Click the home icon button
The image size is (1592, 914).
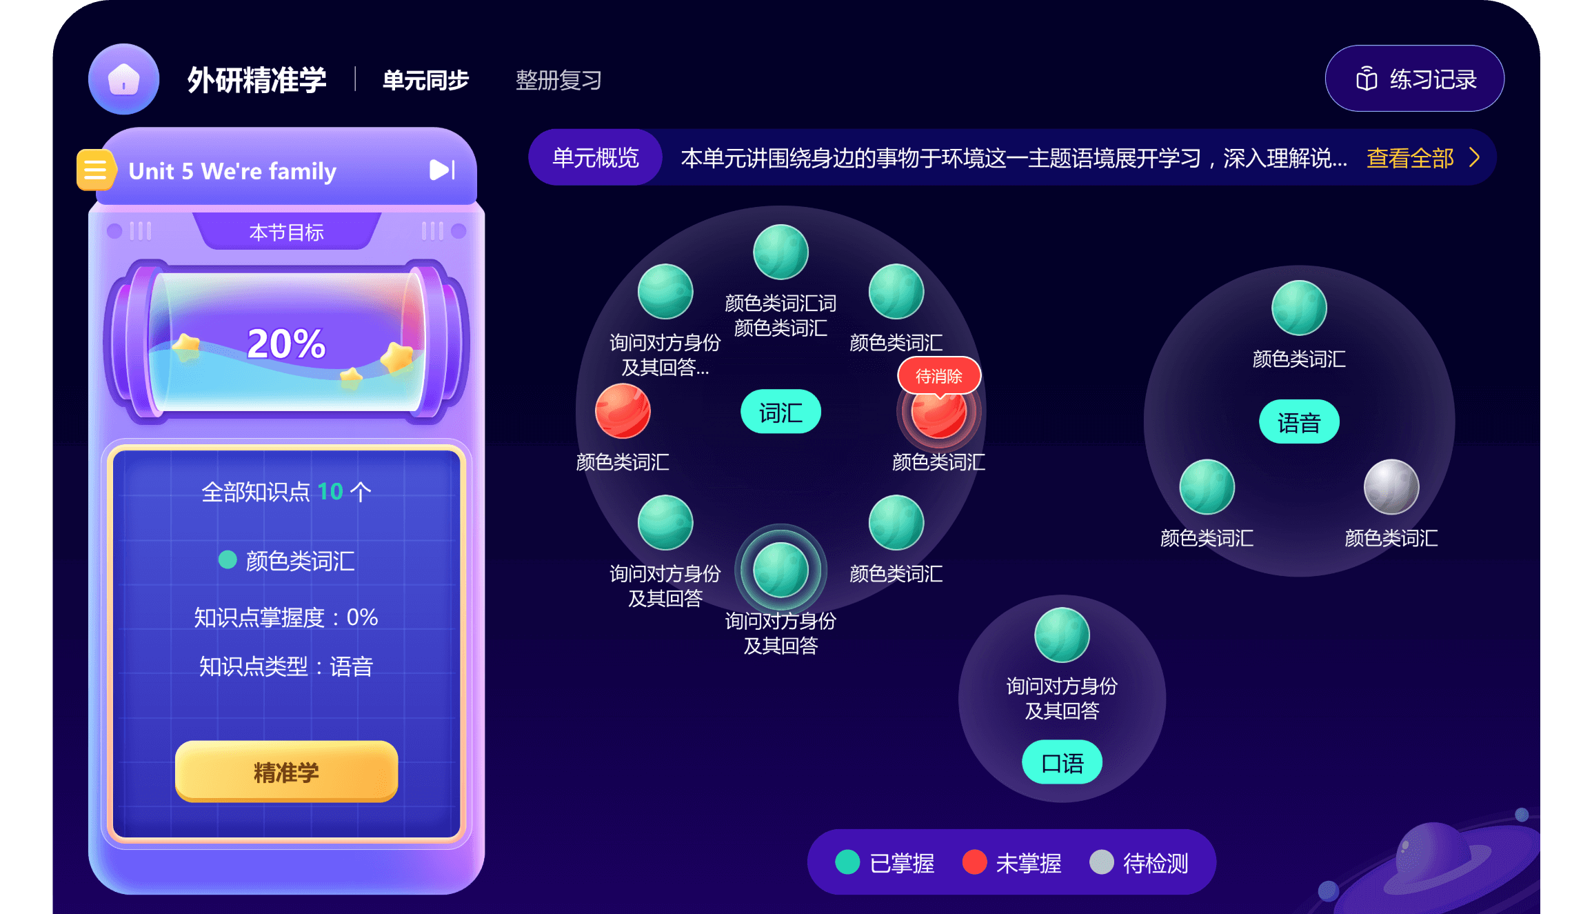click(x=123, y=79)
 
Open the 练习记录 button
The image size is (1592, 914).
click(x=1414, y=79)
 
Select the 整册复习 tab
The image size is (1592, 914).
click(x=558, y=80)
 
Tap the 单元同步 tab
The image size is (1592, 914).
click(x=425, y=80)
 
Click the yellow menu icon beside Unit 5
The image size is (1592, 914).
click(x=94, y=170)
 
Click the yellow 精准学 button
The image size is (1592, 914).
click(x=286, y=771)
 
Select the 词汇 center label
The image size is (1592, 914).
click(x=780, y=413)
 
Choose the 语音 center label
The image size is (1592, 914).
click(x=1299, y=422)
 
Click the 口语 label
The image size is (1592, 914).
click(x=1062, y=763)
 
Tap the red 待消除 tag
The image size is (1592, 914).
click(x=938, y=376)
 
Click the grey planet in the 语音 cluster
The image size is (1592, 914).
click(x=1391, y=487)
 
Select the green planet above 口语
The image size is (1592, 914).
click(x=1062, y=635)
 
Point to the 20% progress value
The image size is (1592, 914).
click(x=285, y=344)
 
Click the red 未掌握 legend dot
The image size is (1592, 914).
click(x=974, y=862)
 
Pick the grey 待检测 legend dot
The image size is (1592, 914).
click(x=1101, y=862)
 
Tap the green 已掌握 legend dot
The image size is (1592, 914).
click(x=847, y=862)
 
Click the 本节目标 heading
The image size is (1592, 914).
click(x=286, y=232)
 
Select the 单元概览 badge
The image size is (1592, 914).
click(x=596, y=158)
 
